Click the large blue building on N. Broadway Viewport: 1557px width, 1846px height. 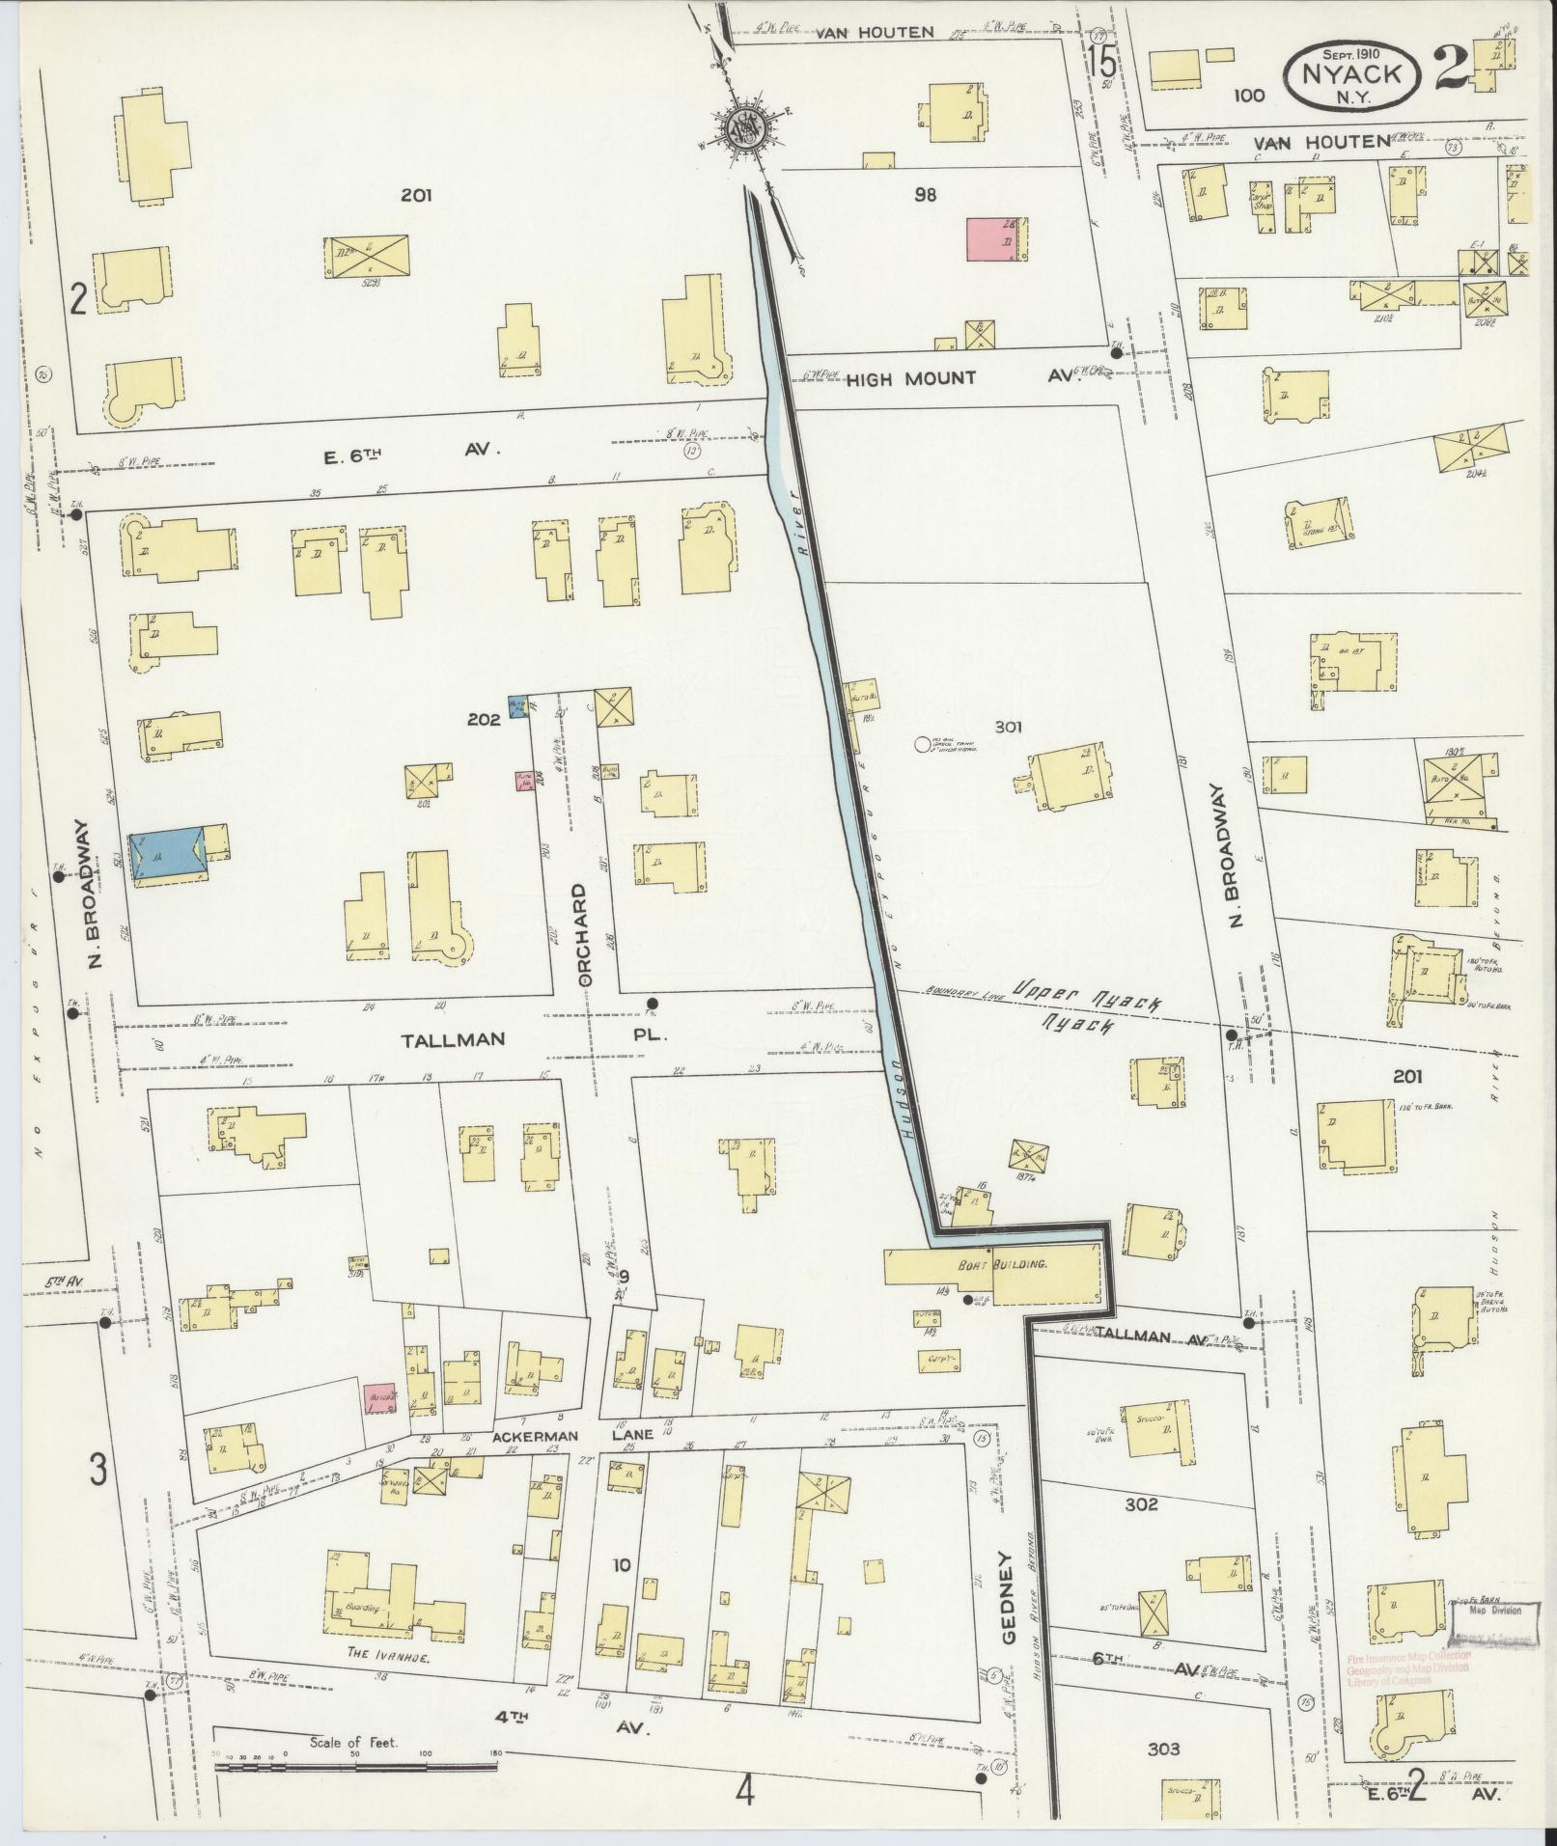tap(167, 850)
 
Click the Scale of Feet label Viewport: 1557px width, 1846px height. tap(354, 1744)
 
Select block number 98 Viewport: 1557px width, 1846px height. tap(926, 196)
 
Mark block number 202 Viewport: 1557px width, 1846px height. tap(482, 719)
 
